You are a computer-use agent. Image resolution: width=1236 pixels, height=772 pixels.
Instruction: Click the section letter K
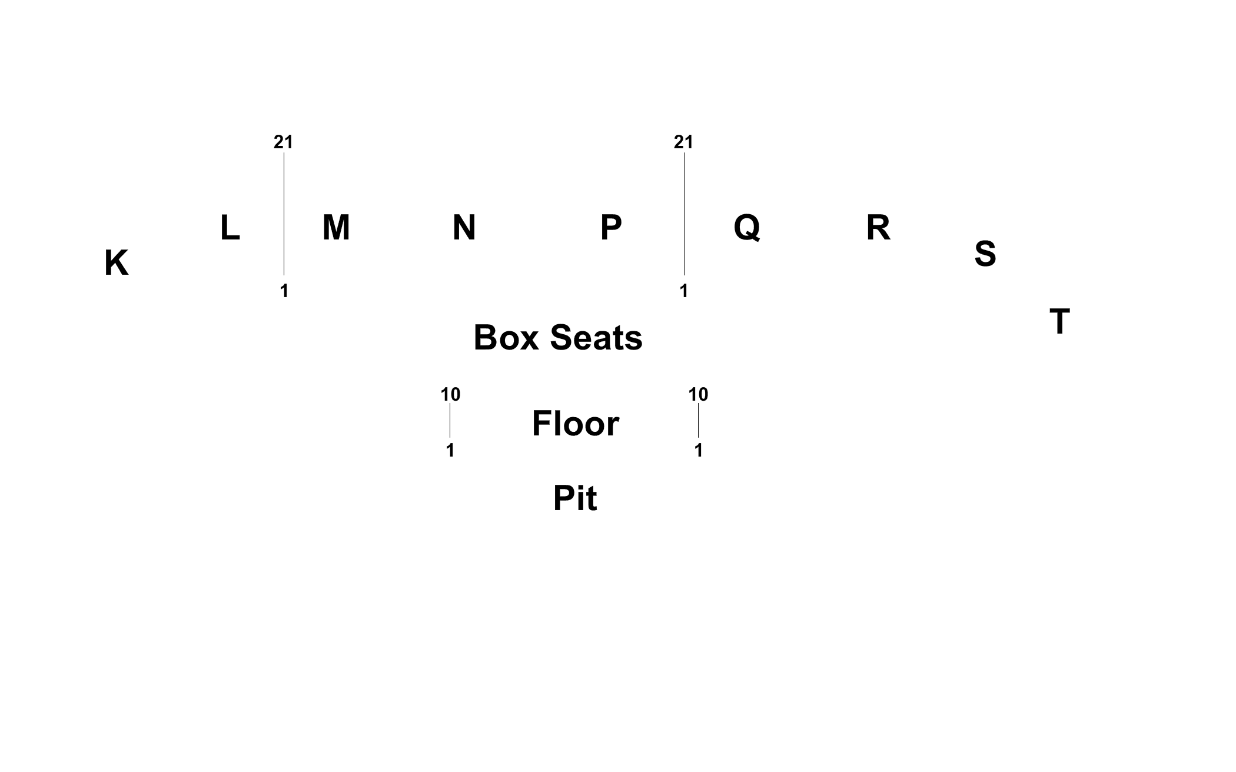pyautogui.click(x=117, y=263)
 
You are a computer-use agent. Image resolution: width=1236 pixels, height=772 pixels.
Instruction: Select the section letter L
pyautogui.click(x=230, y=228)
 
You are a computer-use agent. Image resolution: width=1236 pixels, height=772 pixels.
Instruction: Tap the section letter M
pyautogui.click(x=336, y=228)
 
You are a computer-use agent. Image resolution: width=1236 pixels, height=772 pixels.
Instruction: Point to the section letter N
pyautogui.click(x=464, y=228)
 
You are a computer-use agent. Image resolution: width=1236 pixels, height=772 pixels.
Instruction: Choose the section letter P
pyautogui.click(x=611, y=228)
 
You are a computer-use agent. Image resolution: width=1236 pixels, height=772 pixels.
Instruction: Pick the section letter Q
pyautogui.click(x=747, y=228)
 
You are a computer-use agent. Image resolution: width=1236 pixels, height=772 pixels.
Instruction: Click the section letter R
pyautogui.click(x=878, y=228)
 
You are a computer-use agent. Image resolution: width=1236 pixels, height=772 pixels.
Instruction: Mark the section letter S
pyautogui.click(x=985, y=254)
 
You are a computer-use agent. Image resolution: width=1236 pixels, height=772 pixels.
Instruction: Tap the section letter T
pyautogui.click(x=1059, y=322)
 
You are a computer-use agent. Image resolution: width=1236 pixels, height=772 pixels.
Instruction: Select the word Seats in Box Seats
pyautogui.click(x=596, y=338)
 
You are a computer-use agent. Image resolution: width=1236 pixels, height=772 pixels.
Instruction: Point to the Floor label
pyautogui.click(x=575, y=424)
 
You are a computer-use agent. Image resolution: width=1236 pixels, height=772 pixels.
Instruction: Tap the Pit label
pyautogui.click(x=575, y=498)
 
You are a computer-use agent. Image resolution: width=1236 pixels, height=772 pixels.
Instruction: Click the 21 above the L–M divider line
pyautogui.click(x=283, y=142)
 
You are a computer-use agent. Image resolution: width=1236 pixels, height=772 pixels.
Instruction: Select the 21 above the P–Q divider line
pyautogui.click(x=683, y=142)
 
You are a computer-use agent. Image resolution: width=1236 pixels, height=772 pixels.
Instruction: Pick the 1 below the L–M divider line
pyautogui.click(x=284, y=291)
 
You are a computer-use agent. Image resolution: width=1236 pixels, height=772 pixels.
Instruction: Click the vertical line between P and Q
pyautogui.click(x=684, y=214)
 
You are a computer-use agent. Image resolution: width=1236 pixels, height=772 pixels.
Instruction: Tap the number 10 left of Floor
pyautogui.click(x=450, y=394)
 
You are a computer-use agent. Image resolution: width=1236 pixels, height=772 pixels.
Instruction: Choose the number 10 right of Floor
pyautogui.click(x=698, y=394)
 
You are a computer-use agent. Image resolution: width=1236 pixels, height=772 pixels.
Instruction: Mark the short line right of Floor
pyautogui.click(x=698, y=421)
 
